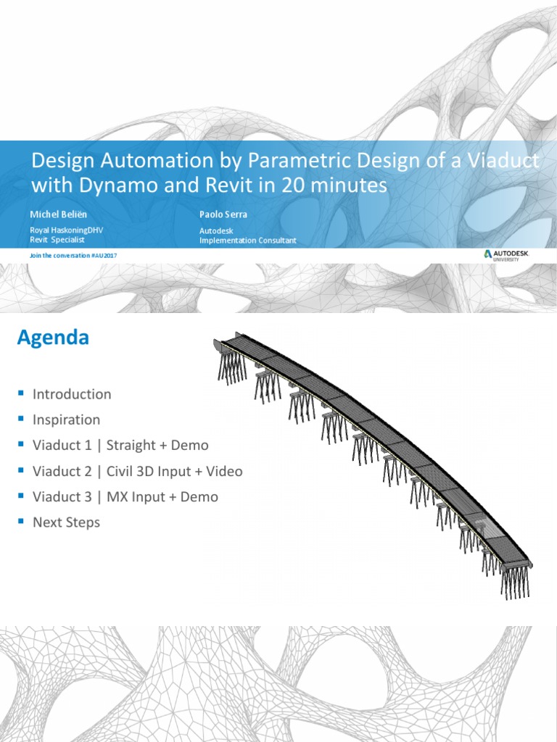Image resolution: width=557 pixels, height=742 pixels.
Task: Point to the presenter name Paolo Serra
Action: [223, 214]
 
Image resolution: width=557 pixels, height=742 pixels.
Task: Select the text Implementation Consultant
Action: [247, 240]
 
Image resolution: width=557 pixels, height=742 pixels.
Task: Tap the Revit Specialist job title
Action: [58, 239]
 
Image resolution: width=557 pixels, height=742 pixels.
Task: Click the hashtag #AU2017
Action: [105, 256]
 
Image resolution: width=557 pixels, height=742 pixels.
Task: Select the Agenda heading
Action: [53, 338]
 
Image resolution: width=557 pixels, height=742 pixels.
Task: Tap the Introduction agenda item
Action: [72, 394]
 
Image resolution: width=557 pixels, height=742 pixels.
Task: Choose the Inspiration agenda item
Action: [66, 420]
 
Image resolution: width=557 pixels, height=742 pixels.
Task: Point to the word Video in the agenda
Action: [223, 471]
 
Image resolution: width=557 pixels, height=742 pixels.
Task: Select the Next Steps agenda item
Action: [66, 522]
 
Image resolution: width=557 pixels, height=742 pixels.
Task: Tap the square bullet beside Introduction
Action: [21, 393]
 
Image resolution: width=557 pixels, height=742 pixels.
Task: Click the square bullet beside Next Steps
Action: [21, 521]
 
